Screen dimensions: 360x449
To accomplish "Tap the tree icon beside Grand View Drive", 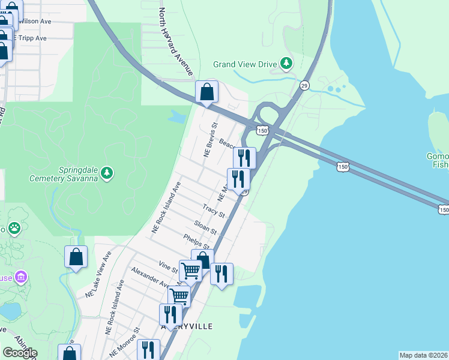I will [x=287, y=63].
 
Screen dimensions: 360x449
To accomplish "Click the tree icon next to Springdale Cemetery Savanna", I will [x=107, y=173].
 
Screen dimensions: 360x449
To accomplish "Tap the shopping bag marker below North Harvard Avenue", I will [x=206, y=93].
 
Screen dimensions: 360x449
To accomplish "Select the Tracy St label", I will [x=213, y=211].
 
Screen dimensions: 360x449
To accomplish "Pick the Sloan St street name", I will [x=205, y=227].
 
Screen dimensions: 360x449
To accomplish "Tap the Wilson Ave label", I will [x=35, y=20].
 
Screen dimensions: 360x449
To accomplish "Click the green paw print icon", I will [x=14, y=229].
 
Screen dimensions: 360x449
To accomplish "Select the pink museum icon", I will [x=22, y=277].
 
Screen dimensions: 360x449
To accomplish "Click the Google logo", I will [x=20, y=353].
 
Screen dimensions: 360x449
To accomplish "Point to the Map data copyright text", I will [x=423, y=355].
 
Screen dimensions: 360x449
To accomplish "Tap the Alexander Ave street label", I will [x=148, y=277].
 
